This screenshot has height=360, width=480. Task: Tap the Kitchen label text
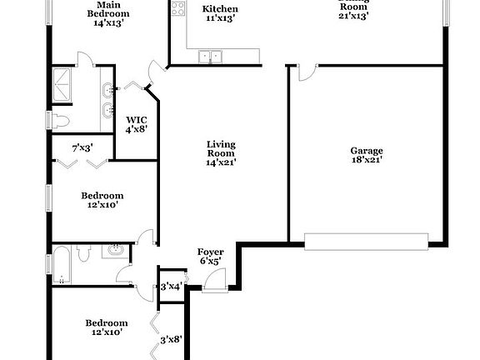[221, 9]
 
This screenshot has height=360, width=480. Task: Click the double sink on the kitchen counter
[211, 57]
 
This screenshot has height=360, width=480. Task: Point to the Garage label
[367, 151]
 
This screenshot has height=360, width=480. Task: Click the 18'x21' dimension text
[367, 161]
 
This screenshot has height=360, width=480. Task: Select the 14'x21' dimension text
[221, 162]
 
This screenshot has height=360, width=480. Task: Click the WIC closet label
[136, 118]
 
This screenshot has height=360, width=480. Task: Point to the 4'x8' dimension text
[136, 129]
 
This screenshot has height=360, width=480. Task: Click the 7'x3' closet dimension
[82, 147]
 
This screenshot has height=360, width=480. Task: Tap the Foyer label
[210, 252]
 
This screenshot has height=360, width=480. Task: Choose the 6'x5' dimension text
[210, 262]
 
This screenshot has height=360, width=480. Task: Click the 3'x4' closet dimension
[171, 287]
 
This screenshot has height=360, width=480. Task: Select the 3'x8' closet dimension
[171, 339]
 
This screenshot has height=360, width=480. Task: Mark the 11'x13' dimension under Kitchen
[221, 19]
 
